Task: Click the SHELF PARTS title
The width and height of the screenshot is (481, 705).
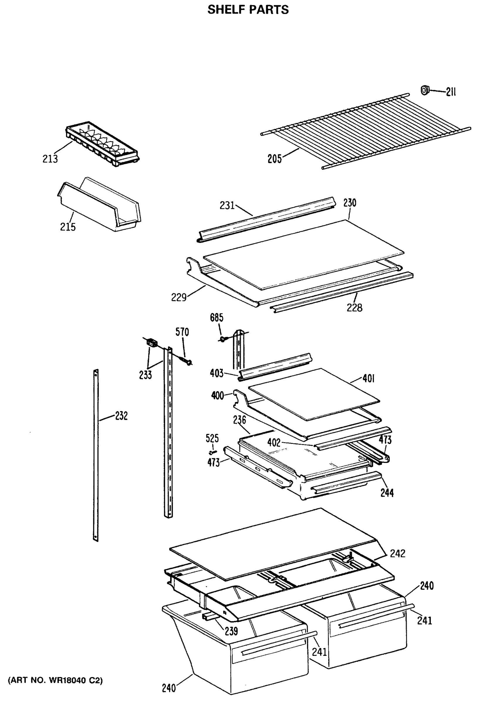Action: pos(248,10)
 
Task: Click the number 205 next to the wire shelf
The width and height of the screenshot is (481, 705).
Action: pos(274,158)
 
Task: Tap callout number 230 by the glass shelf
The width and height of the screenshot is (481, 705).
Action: pos(350,203)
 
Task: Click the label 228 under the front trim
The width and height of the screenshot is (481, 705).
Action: pos(354,308)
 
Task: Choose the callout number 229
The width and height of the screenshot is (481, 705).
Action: pos(178,297)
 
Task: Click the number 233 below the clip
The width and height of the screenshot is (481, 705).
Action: pos(145,375)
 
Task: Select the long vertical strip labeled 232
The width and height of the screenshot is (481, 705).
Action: pos(96,455)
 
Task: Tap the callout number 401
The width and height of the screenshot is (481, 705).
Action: pos(368,378)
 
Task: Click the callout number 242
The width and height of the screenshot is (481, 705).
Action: pos(397,554)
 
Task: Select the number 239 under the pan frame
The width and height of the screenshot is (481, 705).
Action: pos(231,631)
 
